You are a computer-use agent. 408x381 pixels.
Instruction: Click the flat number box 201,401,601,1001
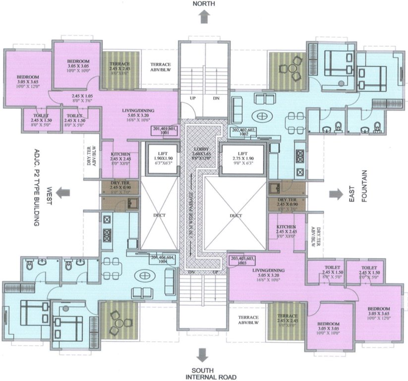click(165, 130)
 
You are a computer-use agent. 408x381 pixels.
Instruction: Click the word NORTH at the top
click(204, 4)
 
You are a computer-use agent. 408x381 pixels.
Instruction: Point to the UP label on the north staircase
click(192, 99)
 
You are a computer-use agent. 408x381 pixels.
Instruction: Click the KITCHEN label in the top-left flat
click(120, 154)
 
